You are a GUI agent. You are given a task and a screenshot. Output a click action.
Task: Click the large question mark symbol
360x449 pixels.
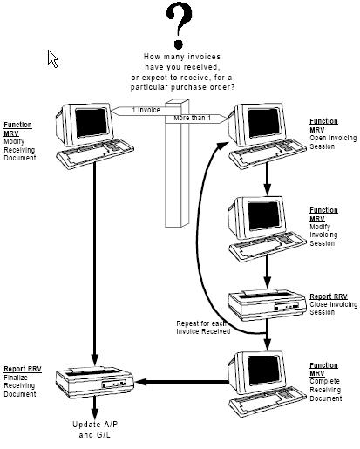179,24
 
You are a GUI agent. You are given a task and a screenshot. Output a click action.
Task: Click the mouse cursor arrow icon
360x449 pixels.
52,58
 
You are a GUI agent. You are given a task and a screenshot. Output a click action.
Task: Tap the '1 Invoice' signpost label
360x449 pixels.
146,110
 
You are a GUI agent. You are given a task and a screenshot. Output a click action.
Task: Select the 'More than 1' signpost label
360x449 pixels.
192,118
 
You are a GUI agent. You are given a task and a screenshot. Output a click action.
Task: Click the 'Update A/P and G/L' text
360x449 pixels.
95,430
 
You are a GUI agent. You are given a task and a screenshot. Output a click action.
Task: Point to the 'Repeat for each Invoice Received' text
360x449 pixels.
203,328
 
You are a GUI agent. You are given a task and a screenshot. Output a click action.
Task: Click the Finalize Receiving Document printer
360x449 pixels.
94,382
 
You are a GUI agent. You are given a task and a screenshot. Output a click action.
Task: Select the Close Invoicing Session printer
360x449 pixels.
267,304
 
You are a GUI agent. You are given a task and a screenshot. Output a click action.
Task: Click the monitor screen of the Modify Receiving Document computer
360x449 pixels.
92,122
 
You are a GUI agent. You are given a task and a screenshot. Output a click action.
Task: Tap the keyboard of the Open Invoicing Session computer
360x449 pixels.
268,153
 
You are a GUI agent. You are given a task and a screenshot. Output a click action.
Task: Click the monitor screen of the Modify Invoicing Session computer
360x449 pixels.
263,215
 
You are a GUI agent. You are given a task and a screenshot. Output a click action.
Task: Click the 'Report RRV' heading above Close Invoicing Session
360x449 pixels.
329,296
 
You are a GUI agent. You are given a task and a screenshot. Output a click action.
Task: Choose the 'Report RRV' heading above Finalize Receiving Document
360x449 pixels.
23,369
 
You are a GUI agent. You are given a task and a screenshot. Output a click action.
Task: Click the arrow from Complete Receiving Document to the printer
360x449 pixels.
181,382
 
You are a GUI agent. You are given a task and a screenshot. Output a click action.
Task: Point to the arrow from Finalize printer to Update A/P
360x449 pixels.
94,407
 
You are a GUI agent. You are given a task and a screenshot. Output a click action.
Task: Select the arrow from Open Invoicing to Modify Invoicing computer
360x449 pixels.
268,178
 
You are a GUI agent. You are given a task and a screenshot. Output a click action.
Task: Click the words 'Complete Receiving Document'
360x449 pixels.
325,390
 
